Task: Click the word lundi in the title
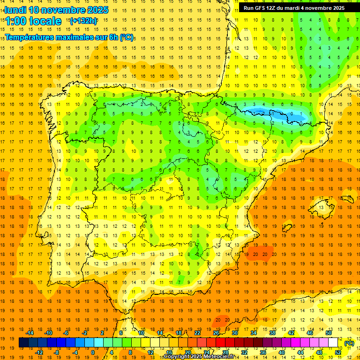click(15, 10)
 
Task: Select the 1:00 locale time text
click(33, 21)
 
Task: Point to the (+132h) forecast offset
click(83, 21)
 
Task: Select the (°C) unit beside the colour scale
click(349, 343)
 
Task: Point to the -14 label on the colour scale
click(30, 333)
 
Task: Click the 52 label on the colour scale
click(338, 352)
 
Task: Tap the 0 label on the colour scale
click(92, 352)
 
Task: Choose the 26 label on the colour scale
click(216, 333)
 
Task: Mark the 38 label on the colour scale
click(272, 333)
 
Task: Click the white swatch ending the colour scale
click(333, 343)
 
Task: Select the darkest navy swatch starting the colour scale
click(23, 343)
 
